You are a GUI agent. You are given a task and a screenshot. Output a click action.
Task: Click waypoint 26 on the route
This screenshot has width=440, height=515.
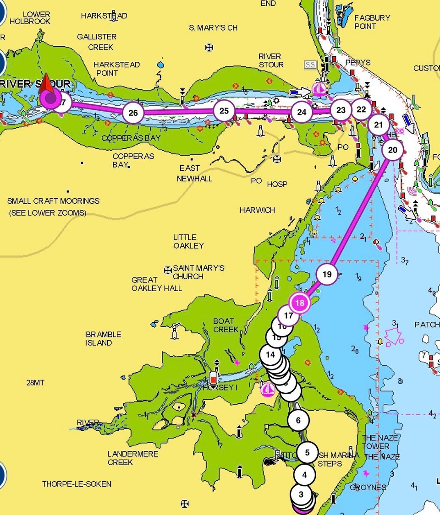pos(133,113)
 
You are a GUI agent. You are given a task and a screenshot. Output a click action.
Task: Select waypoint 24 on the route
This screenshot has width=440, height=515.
pos(301,112)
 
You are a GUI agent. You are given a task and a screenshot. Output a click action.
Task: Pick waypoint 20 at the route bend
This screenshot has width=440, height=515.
pos(392,150)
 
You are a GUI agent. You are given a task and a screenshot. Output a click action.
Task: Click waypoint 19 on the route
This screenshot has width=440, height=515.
pos(327,275)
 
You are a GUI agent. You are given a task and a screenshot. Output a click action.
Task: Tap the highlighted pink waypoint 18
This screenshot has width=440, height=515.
pos(300,303)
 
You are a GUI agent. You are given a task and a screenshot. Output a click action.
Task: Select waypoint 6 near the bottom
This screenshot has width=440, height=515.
pos(298,420)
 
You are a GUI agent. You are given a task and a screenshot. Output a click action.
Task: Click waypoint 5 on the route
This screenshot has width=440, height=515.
pos(307,453)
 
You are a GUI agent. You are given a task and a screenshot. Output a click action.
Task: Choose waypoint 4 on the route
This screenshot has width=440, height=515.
pos(305,475)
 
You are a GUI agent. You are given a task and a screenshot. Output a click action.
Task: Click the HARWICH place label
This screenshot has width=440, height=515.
pos(257,210)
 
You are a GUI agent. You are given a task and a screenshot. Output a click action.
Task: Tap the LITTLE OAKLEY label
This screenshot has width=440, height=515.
pos(188,241)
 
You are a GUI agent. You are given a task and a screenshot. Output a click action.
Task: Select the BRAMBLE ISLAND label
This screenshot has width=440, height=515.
pos(104,339)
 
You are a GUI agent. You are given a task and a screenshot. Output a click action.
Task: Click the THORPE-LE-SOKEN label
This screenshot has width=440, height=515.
pos(77,484)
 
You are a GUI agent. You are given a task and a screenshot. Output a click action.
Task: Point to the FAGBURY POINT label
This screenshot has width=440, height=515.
pos(372,22)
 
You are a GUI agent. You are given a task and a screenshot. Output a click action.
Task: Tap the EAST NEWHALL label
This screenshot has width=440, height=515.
pos(195,173)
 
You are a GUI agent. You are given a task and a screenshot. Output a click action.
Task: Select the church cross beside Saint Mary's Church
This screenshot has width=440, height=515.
pos(168,270)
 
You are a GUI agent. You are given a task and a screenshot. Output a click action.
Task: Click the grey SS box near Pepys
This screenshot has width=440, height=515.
pos(310,65)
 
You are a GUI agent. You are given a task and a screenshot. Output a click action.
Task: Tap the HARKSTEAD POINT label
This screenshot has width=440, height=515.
pos(116,69)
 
